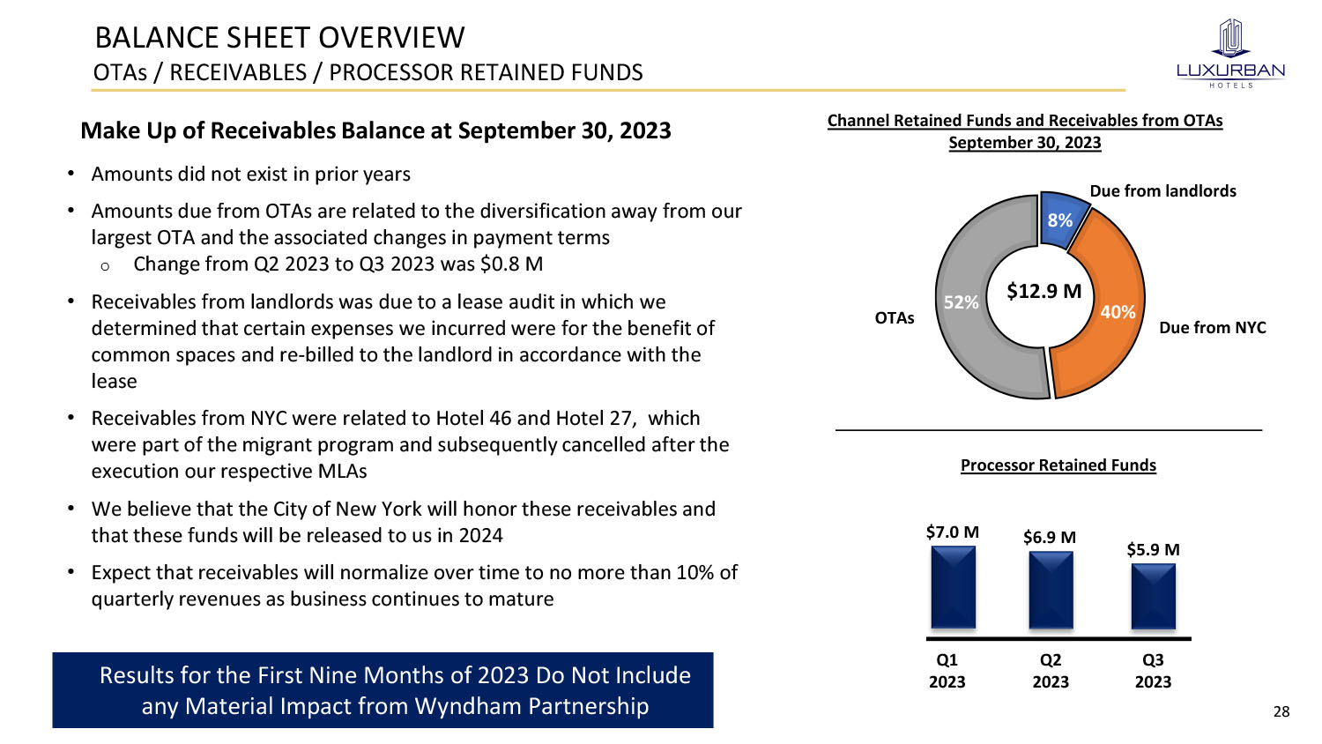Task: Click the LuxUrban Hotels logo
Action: click(1230, 53)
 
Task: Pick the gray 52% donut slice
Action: click(969, 300)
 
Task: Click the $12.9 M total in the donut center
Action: click(1043, 291)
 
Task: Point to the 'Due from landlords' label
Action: click(1162, 191)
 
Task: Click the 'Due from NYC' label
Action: click(1212, 328)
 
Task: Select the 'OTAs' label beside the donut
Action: click(895, 318)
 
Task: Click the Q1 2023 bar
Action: click(954, 587)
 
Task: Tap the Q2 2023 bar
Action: click(1051, 590)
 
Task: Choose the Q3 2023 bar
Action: click(1154, 596)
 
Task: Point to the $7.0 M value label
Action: click(952, 532)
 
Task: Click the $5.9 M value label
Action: click(1153, 549)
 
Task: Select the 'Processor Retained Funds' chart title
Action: click(1058, 465)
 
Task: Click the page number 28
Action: click(1281, 711)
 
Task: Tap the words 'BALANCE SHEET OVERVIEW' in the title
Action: click(279, 38)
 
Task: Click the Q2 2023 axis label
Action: click(1051, 671)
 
